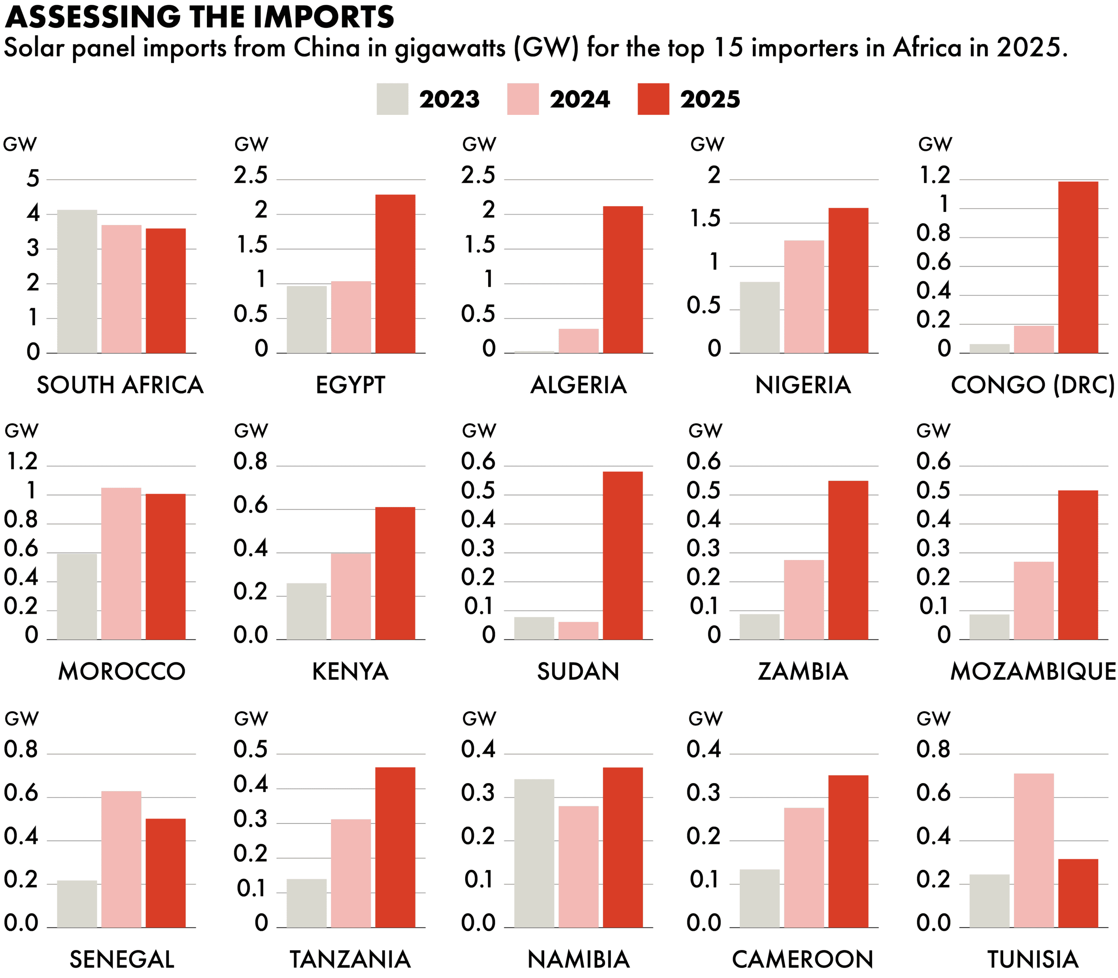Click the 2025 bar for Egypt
coord(395,273)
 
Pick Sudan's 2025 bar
coord(623,555)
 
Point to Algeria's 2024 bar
coord(578,341)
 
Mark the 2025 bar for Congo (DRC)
coord(1078,267)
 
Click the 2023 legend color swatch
coord(392,99)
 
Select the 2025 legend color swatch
coord(653,99)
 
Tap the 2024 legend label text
coord(580,99)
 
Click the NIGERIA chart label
coord(803,385)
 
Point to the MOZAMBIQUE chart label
coord(1033,671)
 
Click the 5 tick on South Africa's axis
coord(33,179)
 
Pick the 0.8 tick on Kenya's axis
coord(250,462)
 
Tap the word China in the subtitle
coord(327,48)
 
